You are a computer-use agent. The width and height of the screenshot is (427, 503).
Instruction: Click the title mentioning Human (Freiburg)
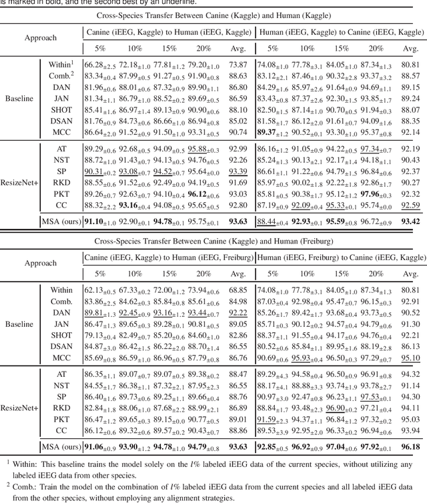213,240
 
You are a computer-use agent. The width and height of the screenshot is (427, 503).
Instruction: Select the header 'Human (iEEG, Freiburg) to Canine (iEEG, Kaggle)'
340,258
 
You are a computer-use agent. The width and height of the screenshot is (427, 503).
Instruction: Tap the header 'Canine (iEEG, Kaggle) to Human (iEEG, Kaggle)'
169,31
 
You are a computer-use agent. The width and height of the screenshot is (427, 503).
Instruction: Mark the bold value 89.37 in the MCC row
272,132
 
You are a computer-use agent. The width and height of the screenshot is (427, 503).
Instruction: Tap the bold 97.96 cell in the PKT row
374,193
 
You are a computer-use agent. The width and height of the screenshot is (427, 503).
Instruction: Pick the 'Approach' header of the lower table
40,264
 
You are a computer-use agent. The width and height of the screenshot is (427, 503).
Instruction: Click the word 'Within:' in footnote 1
27,462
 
